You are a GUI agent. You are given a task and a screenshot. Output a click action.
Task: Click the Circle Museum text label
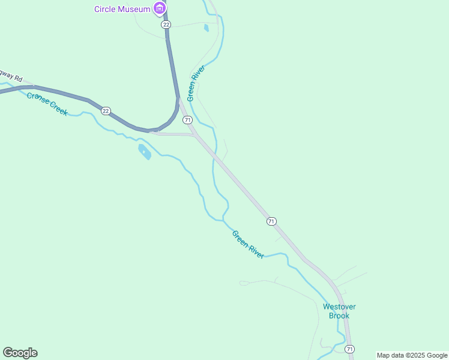(x=121, y=8)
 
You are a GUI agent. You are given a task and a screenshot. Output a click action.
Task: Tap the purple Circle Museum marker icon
(x=159, y=8)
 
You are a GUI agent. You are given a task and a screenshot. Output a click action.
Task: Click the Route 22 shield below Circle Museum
(x=166, y=24)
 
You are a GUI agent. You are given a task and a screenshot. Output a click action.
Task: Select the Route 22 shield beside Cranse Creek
(x=106, y=111)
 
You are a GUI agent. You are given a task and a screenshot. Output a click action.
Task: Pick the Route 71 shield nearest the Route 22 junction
(x=187, y=120)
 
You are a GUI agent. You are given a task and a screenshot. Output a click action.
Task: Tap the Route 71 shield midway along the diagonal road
(x=271, y=221)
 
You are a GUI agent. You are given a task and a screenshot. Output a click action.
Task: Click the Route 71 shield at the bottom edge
(x=349, y=349)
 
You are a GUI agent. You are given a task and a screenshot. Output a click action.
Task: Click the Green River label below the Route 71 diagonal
(x=248, y=245)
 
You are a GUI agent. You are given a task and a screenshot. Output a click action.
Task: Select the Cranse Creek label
(x=47, y=103)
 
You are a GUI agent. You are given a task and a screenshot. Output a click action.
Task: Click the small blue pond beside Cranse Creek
(x=144, y=151)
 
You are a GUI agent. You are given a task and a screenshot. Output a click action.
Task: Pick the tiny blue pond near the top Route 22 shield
(x=206, y=27)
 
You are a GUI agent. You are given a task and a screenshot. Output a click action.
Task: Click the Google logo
(x=20, y=353)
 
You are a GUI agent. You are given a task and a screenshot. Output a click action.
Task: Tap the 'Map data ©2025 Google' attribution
(x=412, y=355)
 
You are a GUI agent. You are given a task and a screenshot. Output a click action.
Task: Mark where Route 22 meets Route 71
(x=179, y=100)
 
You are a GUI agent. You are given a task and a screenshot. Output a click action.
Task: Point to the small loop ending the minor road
(x=244, y=283)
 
